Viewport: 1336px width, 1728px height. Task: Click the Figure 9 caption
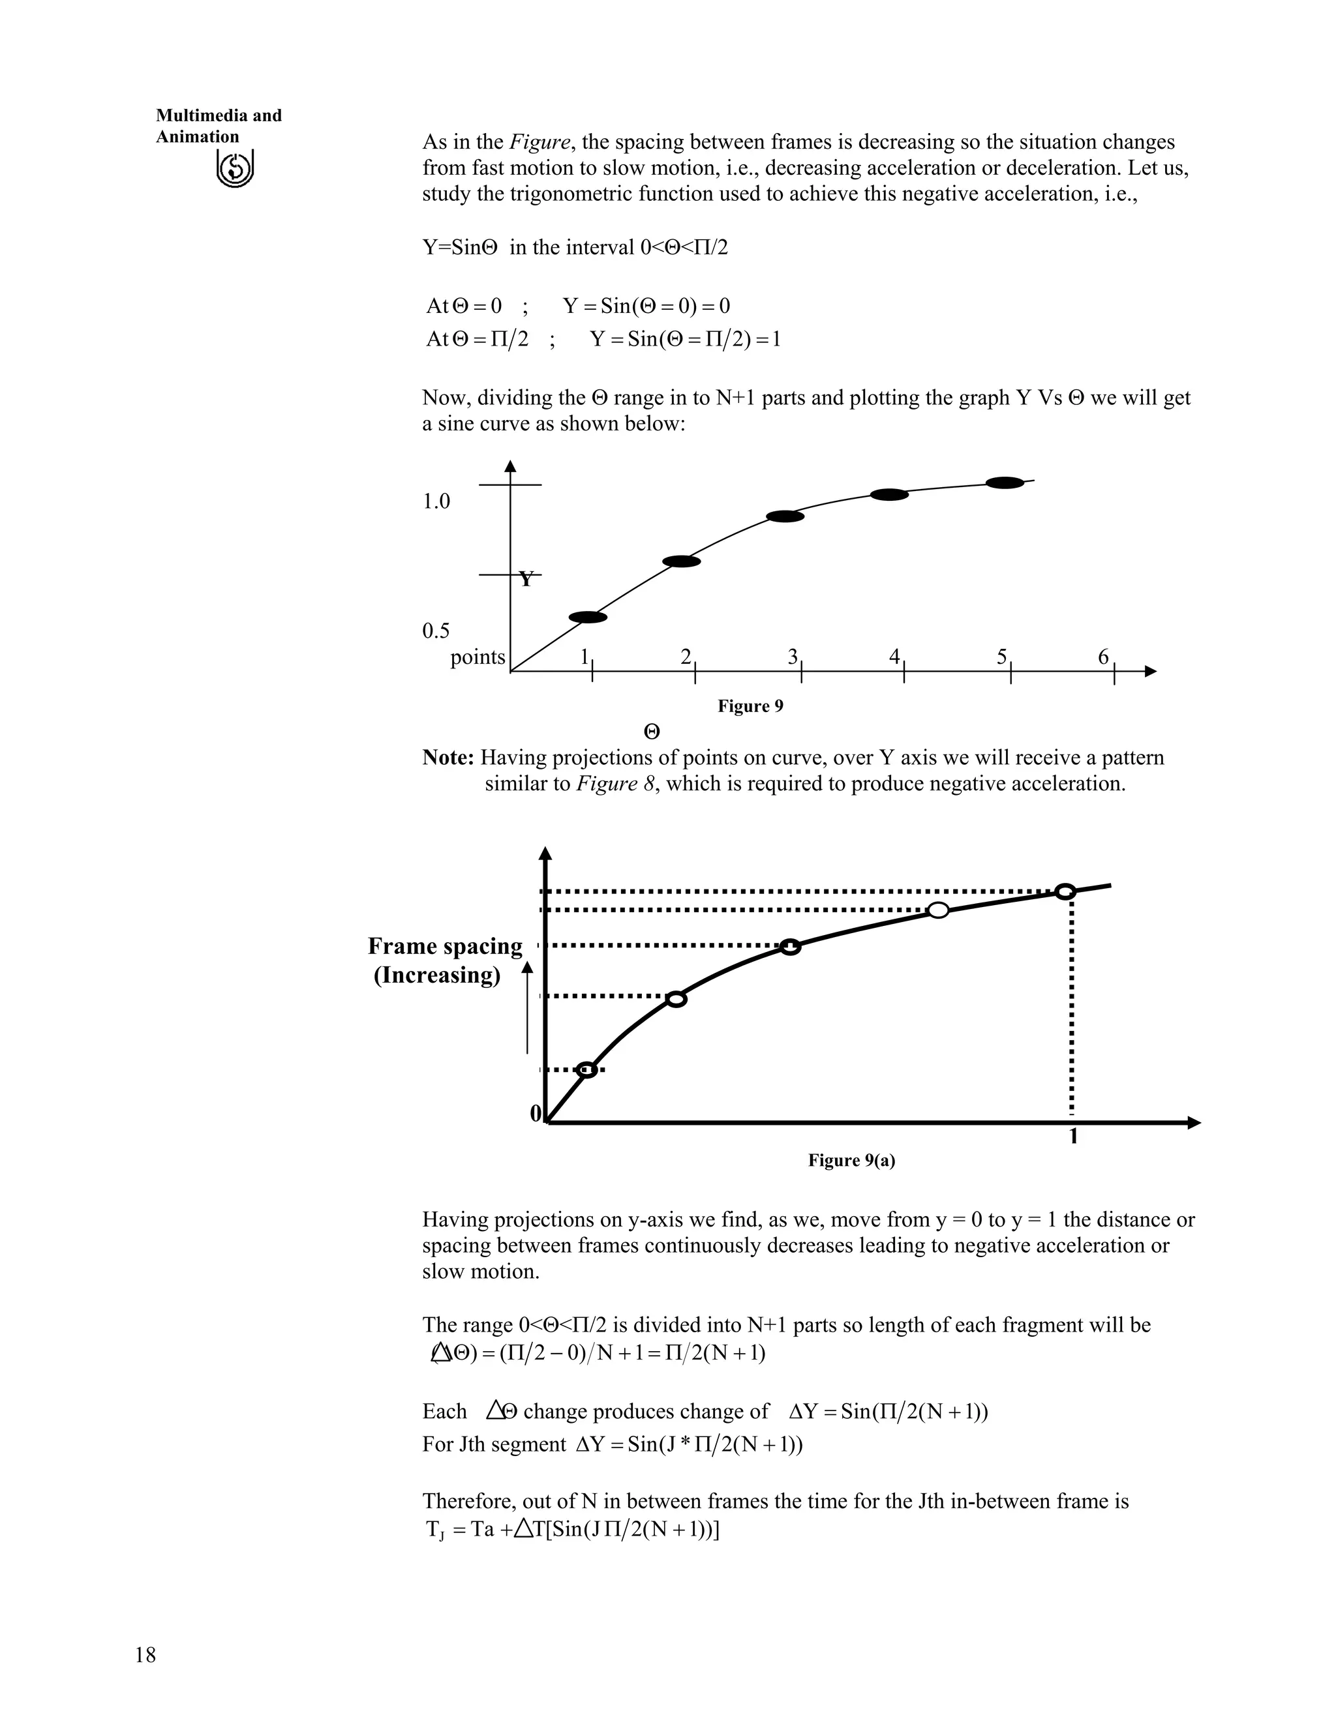[x=750, y=706]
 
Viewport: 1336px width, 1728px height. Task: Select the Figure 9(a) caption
[x=851, y=1160]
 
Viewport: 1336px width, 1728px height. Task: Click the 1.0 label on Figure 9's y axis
[x=436, y=501]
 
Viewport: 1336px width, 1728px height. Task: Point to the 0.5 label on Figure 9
[x=436, y=631]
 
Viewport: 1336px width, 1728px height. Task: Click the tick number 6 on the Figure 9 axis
[x=1103, y=657]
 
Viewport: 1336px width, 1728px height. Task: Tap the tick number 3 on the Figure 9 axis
[x=792, y=657]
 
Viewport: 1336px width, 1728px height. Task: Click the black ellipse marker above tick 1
[x=588, y=617]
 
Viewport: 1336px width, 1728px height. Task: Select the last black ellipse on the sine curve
[x=1005, y=483]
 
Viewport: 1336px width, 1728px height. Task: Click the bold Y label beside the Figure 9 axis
[x=526, y=580]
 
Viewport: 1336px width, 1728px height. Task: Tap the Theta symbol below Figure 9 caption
[x=652, y=732]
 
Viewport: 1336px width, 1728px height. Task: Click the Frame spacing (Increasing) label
[x=444, y=960]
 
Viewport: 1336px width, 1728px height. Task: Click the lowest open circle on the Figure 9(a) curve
[x=587, y=1069]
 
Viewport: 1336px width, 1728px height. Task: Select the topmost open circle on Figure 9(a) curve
[x=1065, y=891]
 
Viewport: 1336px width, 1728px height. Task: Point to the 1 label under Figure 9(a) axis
[x=1073, y=1137]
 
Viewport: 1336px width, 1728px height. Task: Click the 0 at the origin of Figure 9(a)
[x=536, y=1113]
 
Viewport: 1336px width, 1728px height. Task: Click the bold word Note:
[x=448, y=758]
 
